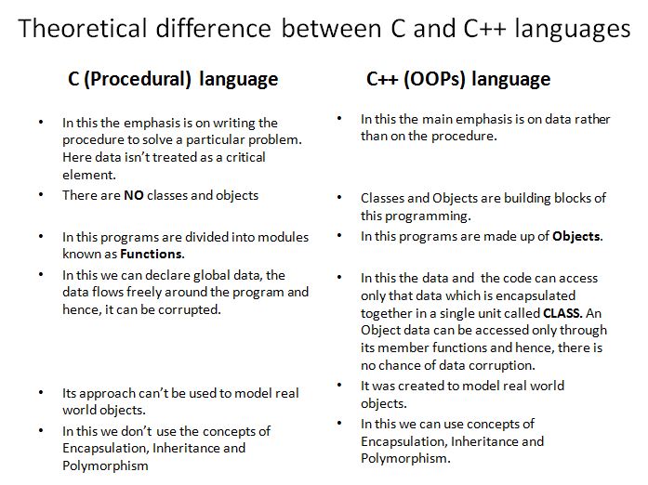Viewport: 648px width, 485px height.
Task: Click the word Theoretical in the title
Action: point(83,28)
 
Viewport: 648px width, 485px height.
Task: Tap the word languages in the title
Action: point(573,30)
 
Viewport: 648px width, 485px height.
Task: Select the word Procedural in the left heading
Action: point(138,79)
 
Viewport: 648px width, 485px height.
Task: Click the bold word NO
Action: point(134,195)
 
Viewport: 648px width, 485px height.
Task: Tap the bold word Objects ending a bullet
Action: point(577,236)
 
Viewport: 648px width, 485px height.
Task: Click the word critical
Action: point(245,157)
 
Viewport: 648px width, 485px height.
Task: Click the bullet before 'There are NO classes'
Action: point(41,194)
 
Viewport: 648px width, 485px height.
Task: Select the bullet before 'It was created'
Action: point(339,385)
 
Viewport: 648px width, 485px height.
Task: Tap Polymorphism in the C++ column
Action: point(405,459)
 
